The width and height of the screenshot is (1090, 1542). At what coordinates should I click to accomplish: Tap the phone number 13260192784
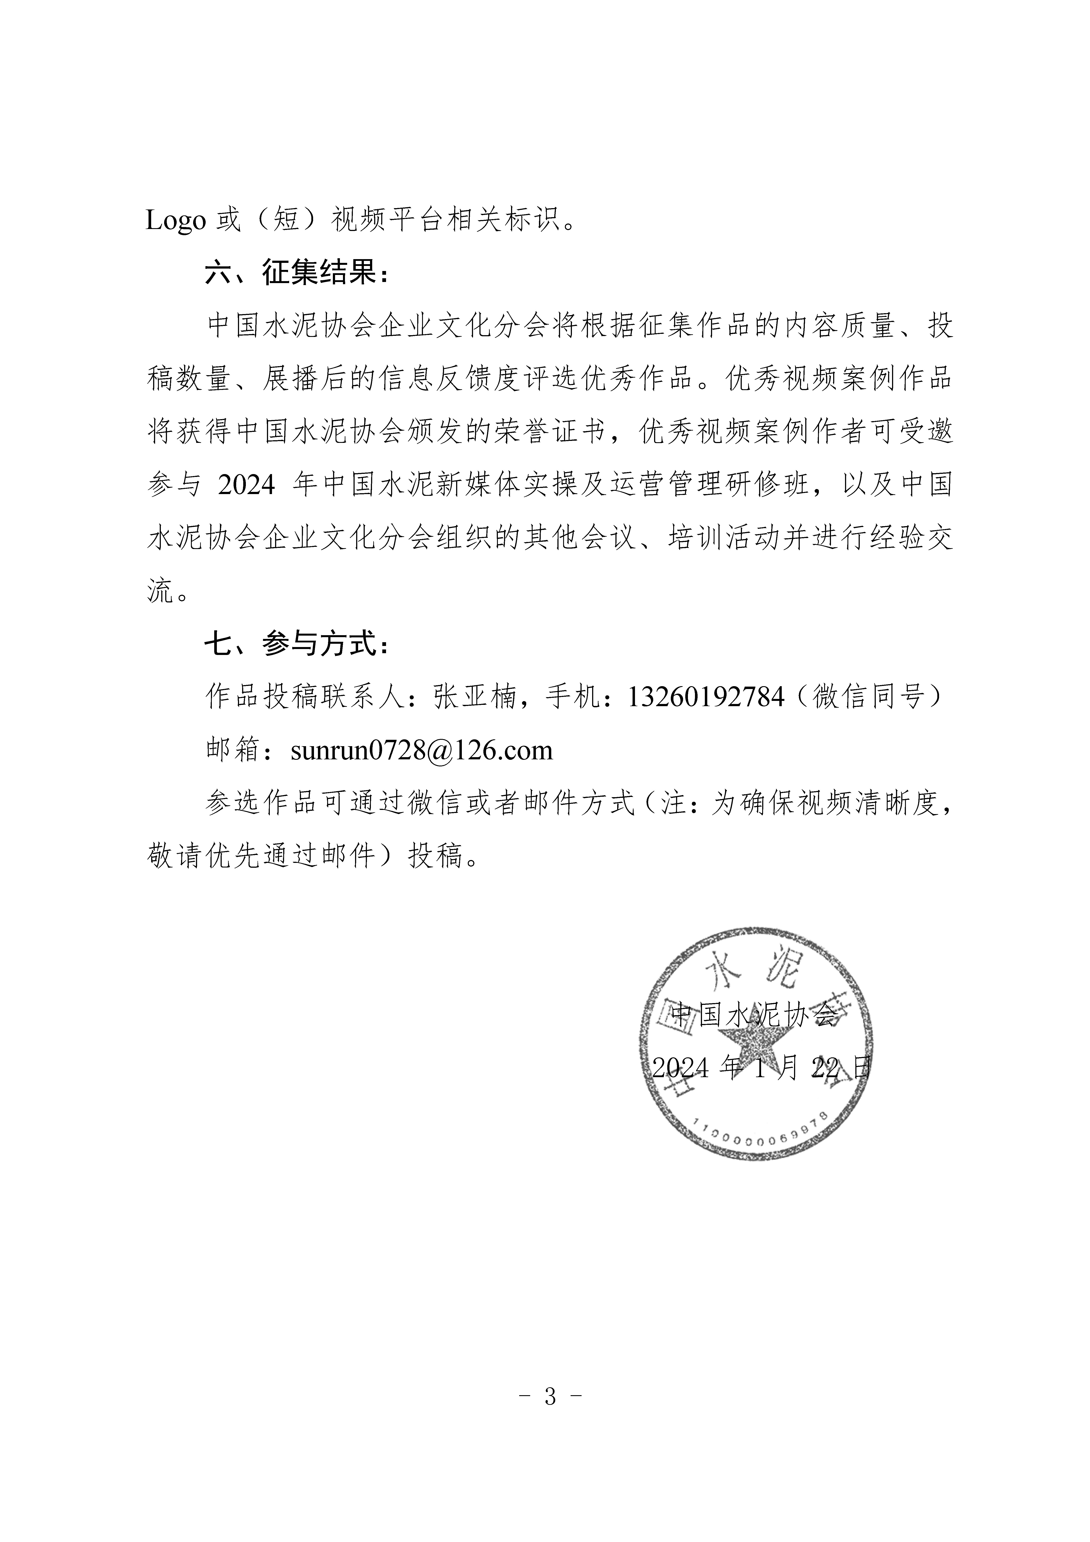[705, 697]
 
